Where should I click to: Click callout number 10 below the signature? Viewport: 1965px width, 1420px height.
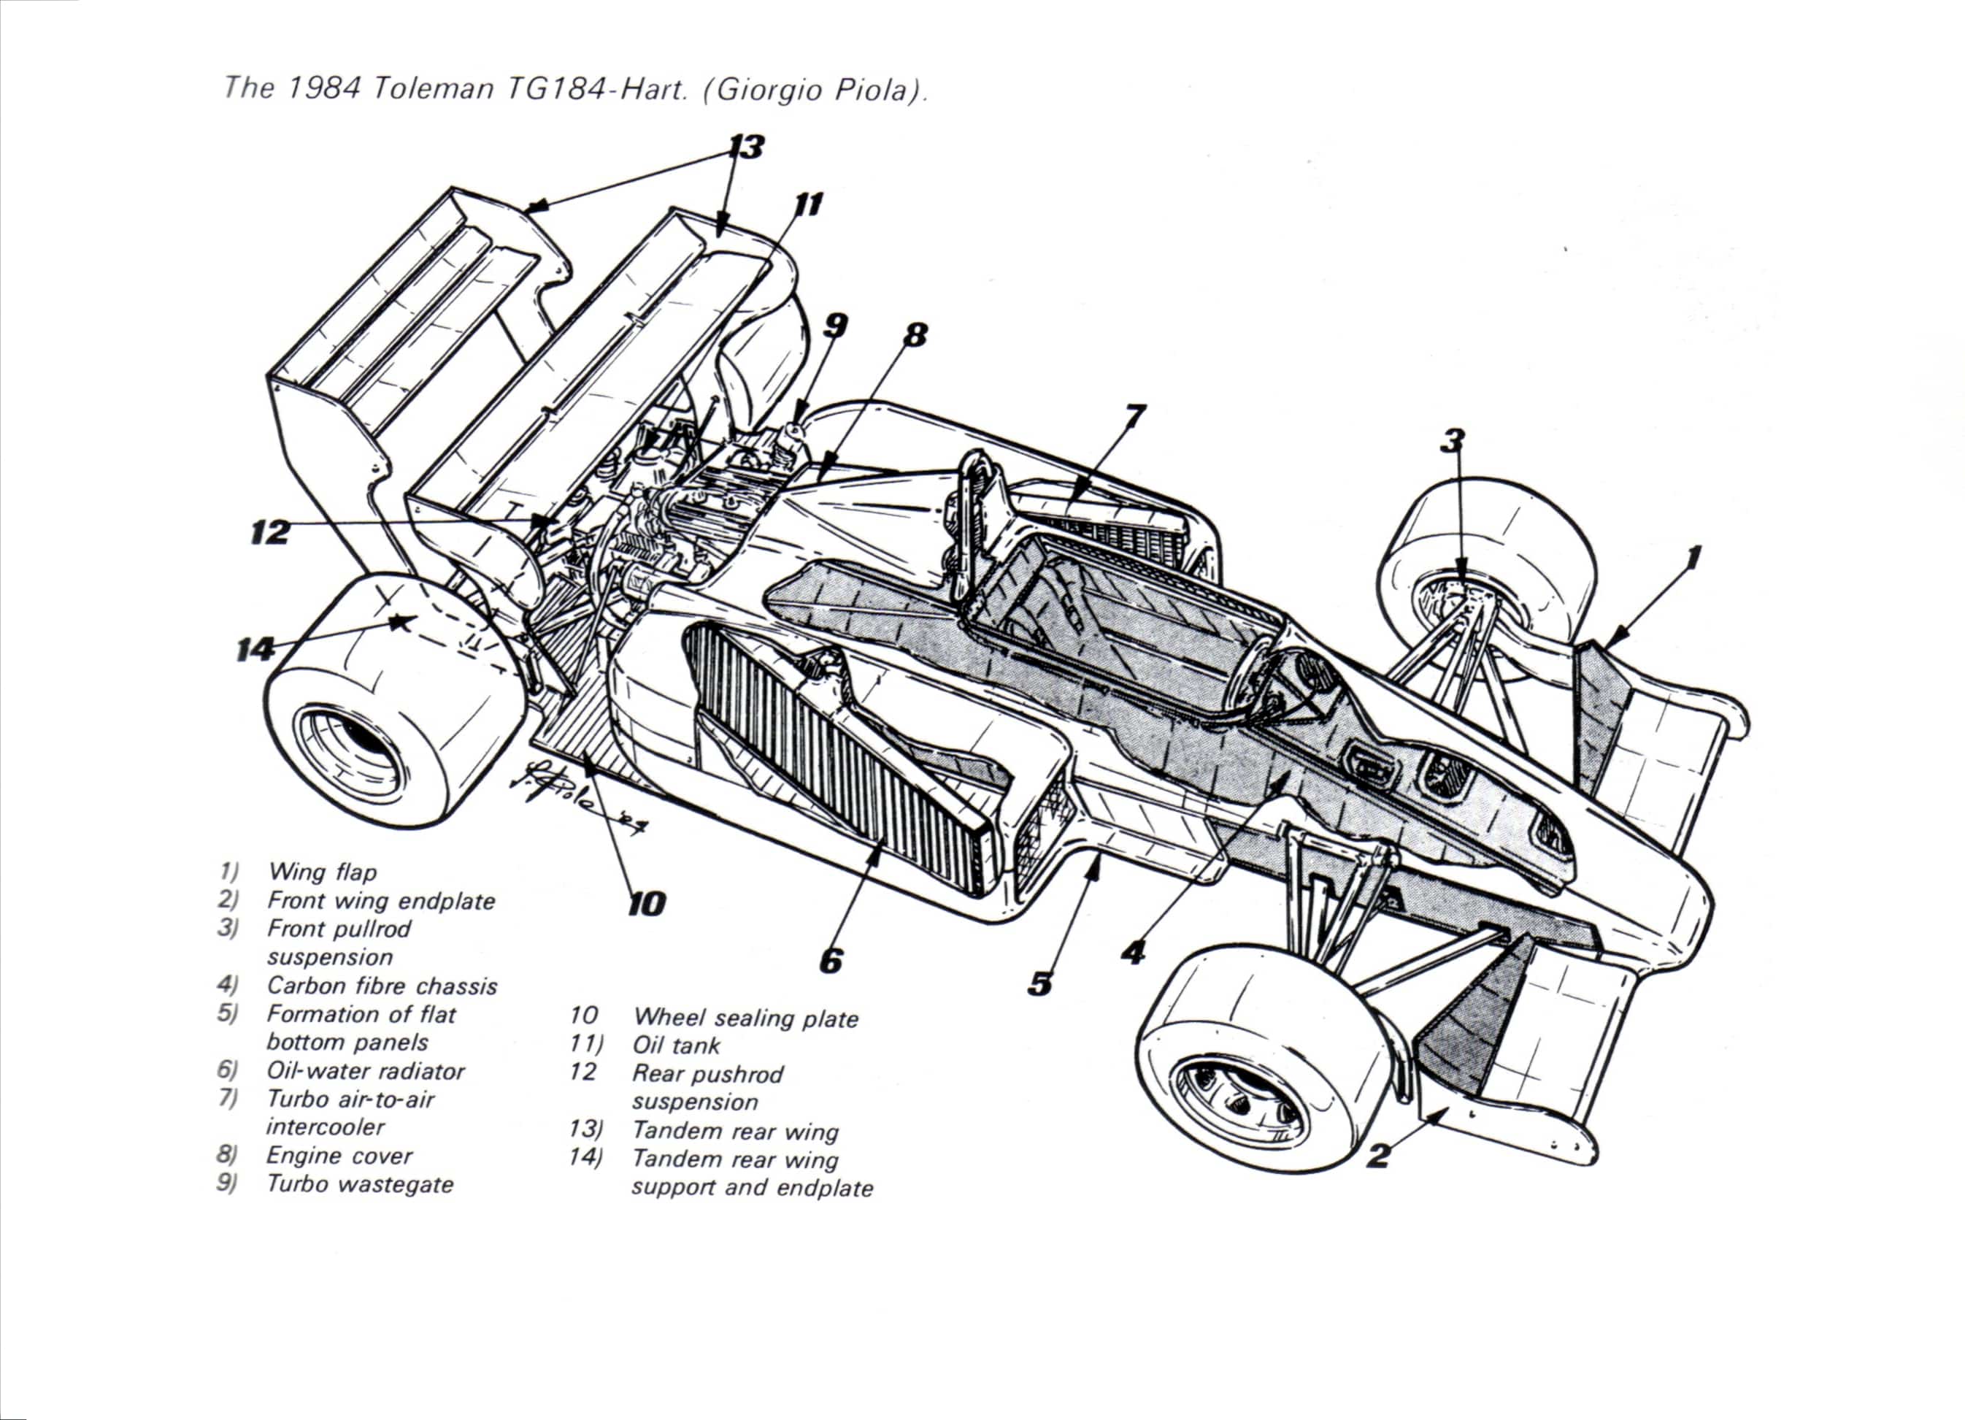point(646,904)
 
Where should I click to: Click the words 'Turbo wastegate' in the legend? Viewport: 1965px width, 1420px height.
point(360,1184)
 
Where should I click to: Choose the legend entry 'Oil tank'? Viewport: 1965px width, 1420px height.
point(676,1045)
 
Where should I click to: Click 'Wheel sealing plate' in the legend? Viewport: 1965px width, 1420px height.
point(745,1018)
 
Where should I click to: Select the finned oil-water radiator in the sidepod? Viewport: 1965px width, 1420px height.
point(831,762)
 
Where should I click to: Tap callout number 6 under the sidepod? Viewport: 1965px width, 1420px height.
point(830,960)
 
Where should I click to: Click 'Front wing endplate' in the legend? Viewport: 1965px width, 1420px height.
point(381,901)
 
